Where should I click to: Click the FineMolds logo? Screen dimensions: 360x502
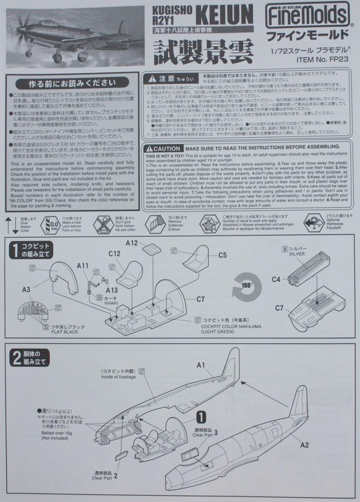(308, 16)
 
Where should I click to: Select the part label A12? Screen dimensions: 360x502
(131, 243)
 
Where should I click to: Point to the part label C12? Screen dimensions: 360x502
(115, 253)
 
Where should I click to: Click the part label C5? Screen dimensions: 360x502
(222, 255)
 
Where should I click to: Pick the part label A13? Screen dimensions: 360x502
(112, 290)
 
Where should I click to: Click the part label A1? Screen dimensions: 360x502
(201, 365)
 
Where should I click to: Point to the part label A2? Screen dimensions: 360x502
(304, 445)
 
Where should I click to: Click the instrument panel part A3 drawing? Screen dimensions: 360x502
(33, 311)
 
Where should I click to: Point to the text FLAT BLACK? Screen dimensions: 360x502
(65, 332)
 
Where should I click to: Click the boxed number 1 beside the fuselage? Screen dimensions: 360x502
(201, 417)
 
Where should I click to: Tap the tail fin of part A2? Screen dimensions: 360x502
(299, 402)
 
